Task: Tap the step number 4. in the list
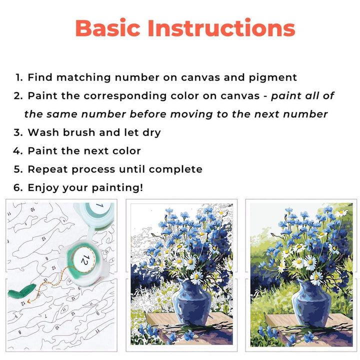click(x=19, y=150)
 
